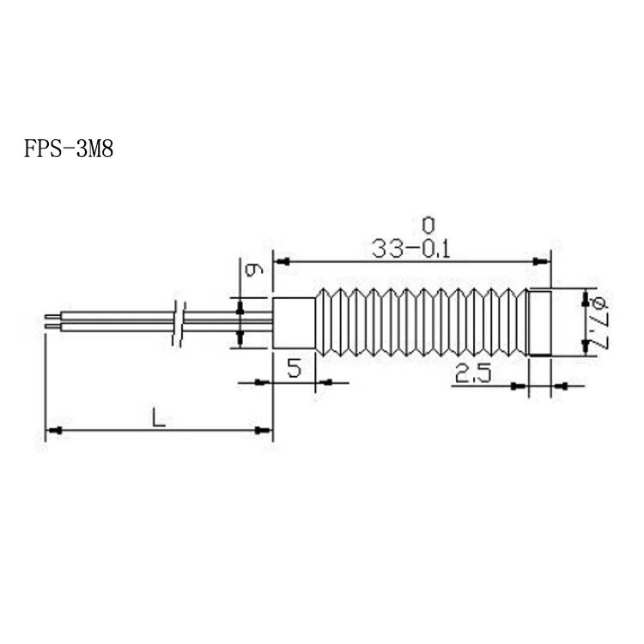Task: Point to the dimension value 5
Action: (294, 370)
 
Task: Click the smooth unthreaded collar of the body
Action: (295, 324)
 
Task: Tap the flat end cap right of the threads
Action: (538, 324)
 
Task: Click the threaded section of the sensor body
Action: (421, 324)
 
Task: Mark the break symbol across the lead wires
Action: (179, 324)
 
